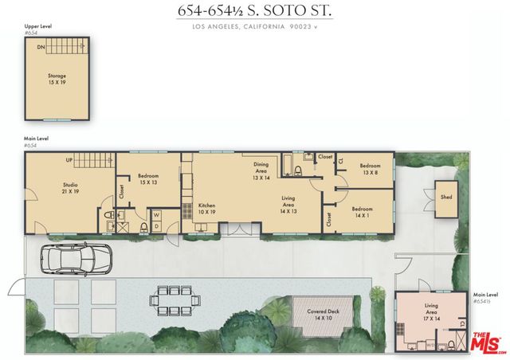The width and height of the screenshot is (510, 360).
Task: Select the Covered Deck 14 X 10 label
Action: (x=321, y=315)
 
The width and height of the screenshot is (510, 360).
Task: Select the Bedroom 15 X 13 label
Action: (x=148, y=179)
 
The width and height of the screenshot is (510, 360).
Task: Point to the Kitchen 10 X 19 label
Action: (x=207, y=209)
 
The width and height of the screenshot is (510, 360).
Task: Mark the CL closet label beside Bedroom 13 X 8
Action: (x=340, y=161)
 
